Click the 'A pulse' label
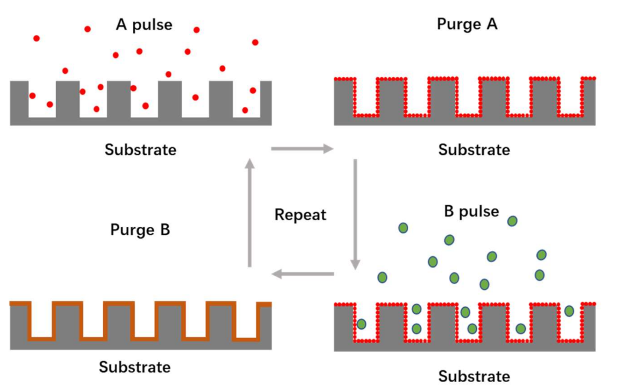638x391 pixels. [x=144, y=25]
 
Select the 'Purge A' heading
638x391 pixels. [x=467, y=24]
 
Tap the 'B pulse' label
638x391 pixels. [x=471, y=211]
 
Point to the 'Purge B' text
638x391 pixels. [x=140, y=230]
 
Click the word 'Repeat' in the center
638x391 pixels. [x=300, y=214]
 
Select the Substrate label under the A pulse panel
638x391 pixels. [x=141, y=149]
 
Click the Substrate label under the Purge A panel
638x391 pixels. [x=474, y=149]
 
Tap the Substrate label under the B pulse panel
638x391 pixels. [x=474, y=376]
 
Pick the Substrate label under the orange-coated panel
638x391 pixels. [x=135, y=367]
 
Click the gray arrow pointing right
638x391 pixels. [x=302, y=149]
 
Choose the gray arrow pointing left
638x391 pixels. [x=302, y=273]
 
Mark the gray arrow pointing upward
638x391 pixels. [x=250, y=213]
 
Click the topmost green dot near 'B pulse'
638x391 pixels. [x=512, y=221]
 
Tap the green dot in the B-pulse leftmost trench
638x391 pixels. [x=361, y=324]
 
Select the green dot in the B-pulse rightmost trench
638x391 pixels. [x=569, y=311]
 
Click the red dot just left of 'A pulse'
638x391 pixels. [x=87, y=29]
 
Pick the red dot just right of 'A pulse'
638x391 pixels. [x=197, y=30]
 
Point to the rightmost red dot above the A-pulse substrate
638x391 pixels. [x=255, y=42]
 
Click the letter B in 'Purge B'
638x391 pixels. [x=164, y=230]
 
